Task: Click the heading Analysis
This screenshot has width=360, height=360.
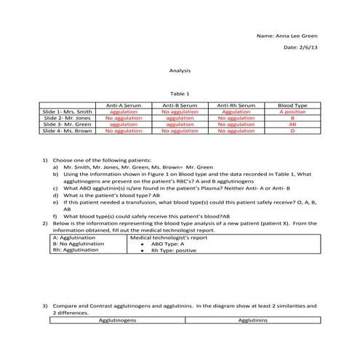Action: [180, 71]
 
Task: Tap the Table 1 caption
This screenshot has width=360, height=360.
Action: [180, 94]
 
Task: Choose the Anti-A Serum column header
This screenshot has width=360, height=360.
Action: [124, 105]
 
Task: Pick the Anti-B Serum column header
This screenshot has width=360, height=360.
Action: [180, 105]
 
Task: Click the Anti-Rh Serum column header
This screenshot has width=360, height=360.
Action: [236, 105]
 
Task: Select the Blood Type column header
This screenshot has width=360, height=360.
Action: [292, 105]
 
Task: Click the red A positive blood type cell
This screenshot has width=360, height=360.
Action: [292, 112]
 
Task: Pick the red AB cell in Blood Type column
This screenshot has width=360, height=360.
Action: [292, 124]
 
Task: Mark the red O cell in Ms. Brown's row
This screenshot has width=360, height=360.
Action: [292, 131]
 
